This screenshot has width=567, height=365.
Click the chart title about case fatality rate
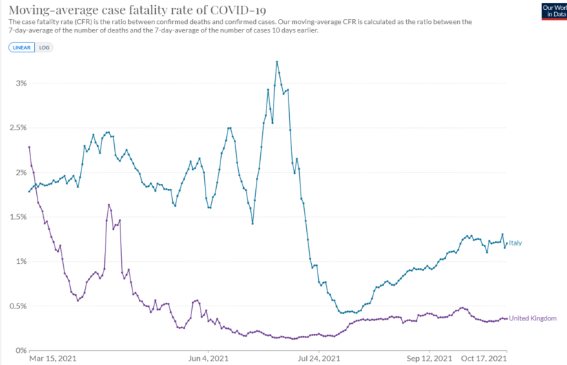[x=134, y=8]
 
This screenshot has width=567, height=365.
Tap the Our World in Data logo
[x=553, y=10]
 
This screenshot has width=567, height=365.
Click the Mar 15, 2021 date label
[x=52, y=359]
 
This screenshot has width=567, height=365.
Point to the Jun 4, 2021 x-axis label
[x=208, y=359]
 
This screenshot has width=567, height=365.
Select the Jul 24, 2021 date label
[x=319, y=359]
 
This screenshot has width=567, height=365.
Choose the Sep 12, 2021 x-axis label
[x=429, y=359]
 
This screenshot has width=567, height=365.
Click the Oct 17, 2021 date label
[x=484, y=359]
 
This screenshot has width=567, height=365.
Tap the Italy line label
[x=516, y=243]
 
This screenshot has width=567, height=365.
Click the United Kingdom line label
[x=533, y=318]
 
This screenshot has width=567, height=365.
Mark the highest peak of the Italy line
[x=276, y=62]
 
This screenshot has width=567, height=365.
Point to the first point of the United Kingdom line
[x=29, y=147]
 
